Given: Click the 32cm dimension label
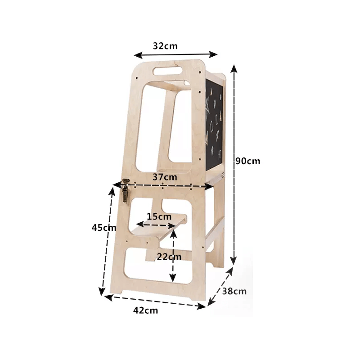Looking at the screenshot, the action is (x=165, y=46).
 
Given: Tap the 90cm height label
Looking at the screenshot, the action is (x=248, y=161).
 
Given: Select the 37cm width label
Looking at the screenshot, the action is (x=165, y=177).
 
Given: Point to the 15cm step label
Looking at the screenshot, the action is (x=159, y=216).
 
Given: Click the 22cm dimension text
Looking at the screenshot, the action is (x=169, y=256).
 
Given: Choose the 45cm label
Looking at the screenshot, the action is (x=104, y=228).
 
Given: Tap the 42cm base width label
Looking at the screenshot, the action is (x=145, y=310).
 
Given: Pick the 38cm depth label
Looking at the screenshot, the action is (x=234, y=291).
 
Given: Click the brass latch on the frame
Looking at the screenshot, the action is (x=125, y=190).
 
